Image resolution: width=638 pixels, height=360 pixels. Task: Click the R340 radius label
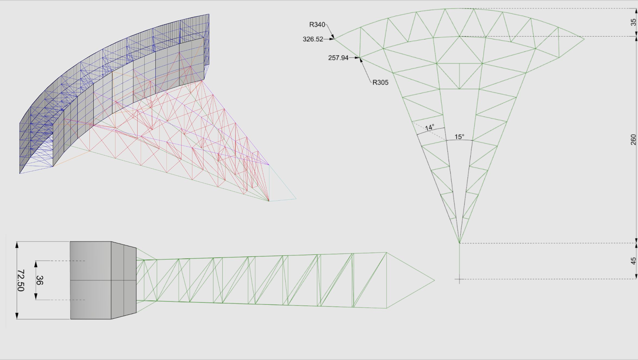317,25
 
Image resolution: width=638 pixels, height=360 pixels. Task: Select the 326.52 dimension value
313,39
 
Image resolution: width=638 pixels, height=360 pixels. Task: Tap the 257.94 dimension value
338,58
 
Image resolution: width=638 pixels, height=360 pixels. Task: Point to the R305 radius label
380,82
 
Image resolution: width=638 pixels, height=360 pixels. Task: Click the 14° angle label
429,127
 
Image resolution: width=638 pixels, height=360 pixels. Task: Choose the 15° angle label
459,137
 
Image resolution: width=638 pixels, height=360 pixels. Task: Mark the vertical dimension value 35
633,22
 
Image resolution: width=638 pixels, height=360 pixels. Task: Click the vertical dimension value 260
633,140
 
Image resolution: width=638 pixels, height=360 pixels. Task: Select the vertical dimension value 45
633,261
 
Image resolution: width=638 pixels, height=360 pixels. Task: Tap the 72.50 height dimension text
21,280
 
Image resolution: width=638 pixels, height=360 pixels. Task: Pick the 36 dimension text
40,280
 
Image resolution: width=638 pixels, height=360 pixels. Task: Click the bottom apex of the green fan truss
459,243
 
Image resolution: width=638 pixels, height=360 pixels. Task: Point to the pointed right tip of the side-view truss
434,280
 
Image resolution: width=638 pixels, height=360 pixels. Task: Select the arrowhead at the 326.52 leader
332,39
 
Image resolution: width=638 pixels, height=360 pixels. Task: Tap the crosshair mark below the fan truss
459,279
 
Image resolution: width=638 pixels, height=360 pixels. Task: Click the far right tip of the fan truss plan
584,39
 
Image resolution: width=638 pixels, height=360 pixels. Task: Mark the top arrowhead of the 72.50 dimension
17,245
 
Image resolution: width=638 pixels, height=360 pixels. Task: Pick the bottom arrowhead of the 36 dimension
36,297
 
